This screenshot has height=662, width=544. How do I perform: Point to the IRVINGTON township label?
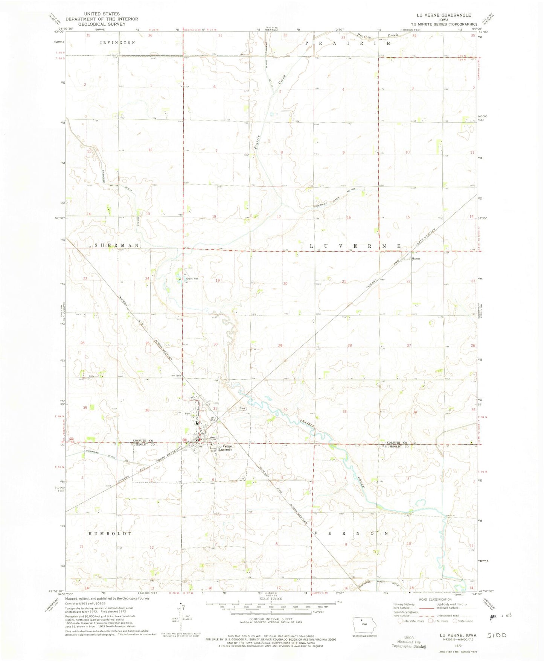click(118, 43)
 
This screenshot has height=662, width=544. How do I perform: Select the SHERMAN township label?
click(117, 245)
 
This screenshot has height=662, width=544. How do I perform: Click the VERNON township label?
click(350, 533)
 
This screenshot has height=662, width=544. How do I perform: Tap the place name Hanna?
click(416, 259)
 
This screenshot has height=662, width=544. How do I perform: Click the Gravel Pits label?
click(190, 279)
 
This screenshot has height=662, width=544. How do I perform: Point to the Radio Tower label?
click(215, 449)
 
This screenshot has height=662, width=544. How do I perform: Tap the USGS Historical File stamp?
click(409, 643)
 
